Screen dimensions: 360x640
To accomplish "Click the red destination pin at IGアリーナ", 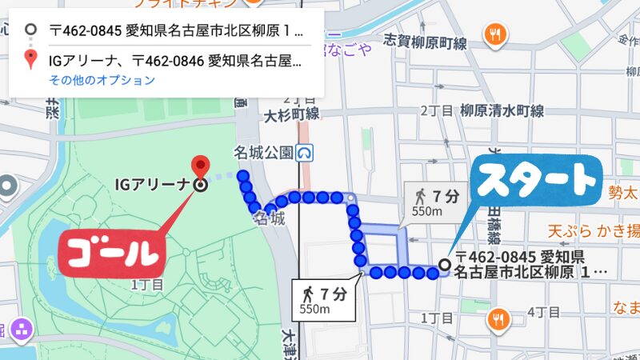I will click(200, 166).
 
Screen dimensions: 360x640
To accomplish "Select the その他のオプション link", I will click(102, 80).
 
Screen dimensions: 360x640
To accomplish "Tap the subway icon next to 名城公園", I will click(305, 151).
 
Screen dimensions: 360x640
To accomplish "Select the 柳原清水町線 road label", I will click(502, 110).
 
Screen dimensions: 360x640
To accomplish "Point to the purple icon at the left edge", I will click(21, 327).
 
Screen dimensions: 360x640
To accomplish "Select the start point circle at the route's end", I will click(446, 265).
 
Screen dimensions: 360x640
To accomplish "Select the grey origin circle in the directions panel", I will click(30, 31).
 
